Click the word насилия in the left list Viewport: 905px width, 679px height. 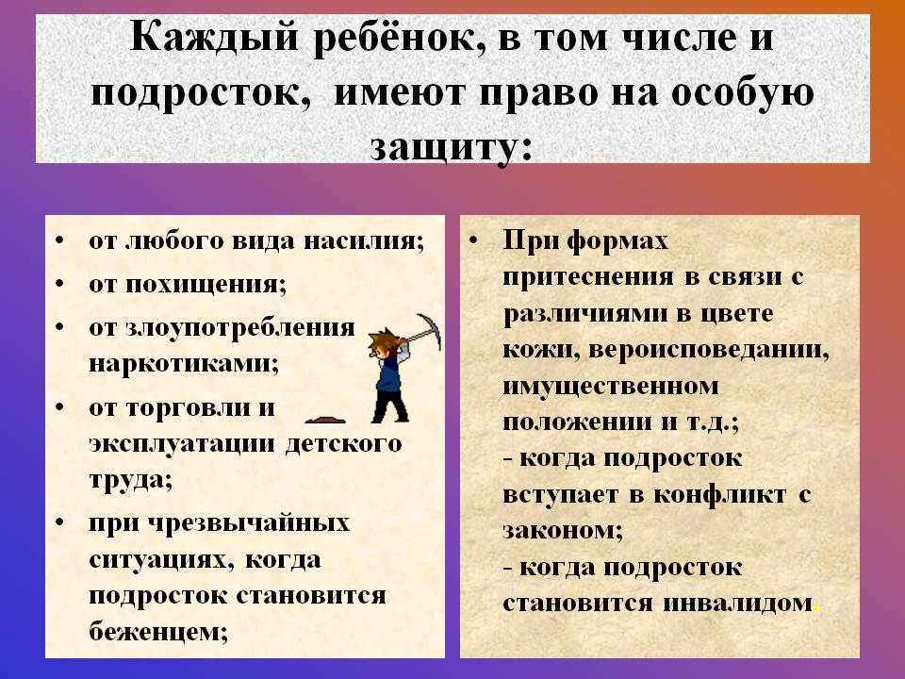[364, 240]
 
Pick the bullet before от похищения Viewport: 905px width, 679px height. [59, 284]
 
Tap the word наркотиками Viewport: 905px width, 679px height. [184, 364]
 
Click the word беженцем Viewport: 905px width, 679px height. [158, 632]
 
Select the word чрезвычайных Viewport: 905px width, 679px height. [249, 523]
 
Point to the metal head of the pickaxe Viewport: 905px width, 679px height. [430, 330]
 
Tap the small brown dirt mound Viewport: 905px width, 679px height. [325, 419]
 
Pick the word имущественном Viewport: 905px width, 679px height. [611, 386]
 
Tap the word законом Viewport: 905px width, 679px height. [563, 531]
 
